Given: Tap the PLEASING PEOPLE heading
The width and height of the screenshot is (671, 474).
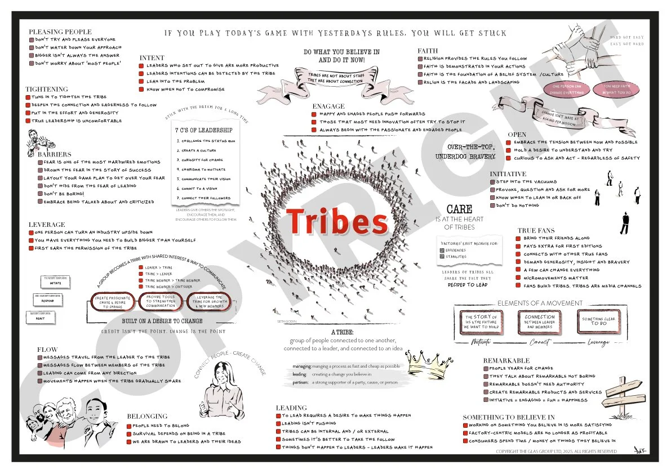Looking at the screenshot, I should [60, 32].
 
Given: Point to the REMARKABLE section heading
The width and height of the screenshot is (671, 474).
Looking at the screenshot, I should [506, 360].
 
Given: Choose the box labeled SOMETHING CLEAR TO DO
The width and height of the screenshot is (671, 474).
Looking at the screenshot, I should [599, 321].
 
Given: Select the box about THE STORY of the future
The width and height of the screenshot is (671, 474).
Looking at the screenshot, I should [481, 321].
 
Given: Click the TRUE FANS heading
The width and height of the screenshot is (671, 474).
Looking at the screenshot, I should [536, 230].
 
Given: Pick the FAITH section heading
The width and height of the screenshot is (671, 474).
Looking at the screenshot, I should [428, 51].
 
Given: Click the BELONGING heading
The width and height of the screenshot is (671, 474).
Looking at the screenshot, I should [146, 416].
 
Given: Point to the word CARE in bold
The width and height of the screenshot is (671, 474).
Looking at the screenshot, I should [455, 209].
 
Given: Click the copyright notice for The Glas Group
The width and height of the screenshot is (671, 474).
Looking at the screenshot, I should [556, 451].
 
